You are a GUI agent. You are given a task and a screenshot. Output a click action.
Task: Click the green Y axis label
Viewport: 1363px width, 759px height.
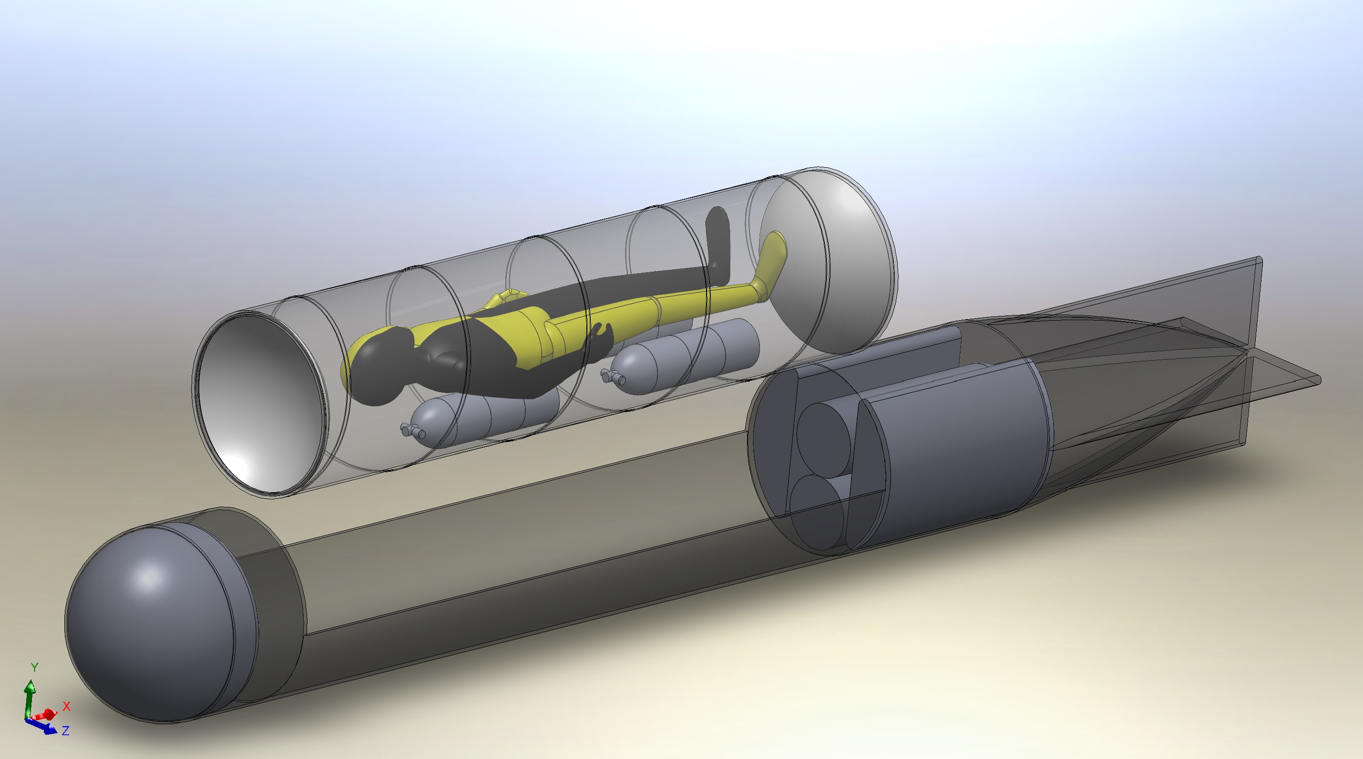34,667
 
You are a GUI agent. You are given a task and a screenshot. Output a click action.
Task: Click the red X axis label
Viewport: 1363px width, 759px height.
67,706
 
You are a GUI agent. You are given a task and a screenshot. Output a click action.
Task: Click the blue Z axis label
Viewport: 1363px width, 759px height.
66,730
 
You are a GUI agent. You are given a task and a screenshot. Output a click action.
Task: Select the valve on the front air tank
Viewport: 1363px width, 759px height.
413,431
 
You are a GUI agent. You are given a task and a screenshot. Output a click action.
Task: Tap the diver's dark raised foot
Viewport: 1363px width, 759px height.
718,227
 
